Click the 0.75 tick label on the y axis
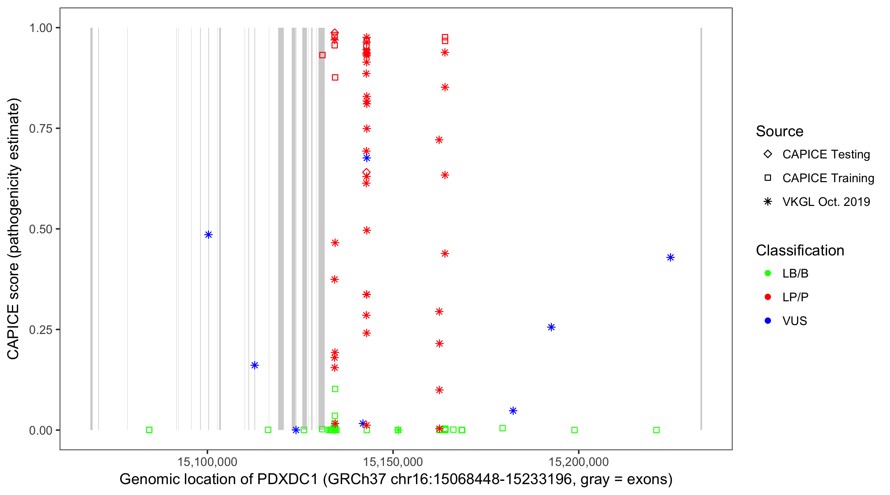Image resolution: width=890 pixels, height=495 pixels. pos(41,128)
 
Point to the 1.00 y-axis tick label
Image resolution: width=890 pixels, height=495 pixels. pos(41,28)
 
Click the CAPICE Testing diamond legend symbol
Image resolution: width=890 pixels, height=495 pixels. pos(768,154)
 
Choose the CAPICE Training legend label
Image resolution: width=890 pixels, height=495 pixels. pos(828,178)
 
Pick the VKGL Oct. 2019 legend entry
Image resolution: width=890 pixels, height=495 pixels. pos(826,202)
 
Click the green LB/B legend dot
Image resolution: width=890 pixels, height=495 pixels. pos(768,273)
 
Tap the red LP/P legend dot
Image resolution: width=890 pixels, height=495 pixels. pos(768,297)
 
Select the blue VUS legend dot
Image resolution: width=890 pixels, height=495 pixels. pos(768,321)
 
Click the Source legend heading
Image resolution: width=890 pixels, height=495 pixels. pos(779,131)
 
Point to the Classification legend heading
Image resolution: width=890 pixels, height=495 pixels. pos(799,250)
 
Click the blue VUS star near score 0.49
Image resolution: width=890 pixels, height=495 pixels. pos(208,235)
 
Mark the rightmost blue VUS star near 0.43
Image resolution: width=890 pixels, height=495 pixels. pos(670,257)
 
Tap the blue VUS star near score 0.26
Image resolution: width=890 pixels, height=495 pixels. pos(551,327)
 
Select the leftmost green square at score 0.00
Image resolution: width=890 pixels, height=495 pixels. pos(149,430)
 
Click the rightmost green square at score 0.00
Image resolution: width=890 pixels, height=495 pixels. pos(656,430)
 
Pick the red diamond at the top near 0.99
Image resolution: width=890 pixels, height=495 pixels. pos(335,33)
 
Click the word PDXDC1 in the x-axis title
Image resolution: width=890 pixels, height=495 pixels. pos(287,479)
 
